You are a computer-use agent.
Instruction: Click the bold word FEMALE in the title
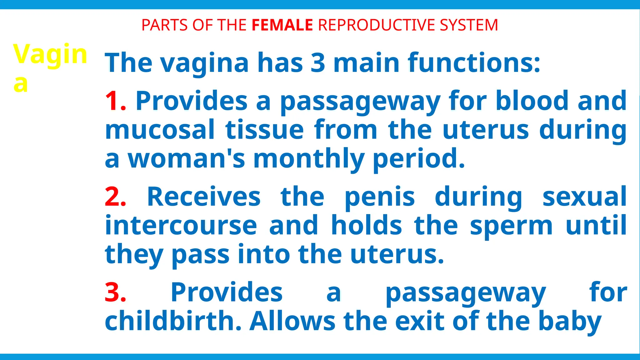tap(282, 25)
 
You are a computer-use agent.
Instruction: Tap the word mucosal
tap(160, 130)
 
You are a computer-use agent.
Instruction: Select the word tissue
tap(264, 130)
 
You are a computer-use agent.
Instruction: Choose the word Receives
tap(204, 197)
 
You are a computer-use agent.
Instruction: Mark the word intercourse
tap(181, 226)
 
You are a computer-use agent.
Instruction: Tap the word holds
tap(366, 226)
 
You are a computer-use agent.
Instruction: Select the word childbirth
tap(173, 321)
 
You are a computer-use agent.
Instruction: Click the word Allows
tap(292, 321)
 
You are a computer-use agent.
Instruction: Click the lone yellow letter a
tap(21, 83)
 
